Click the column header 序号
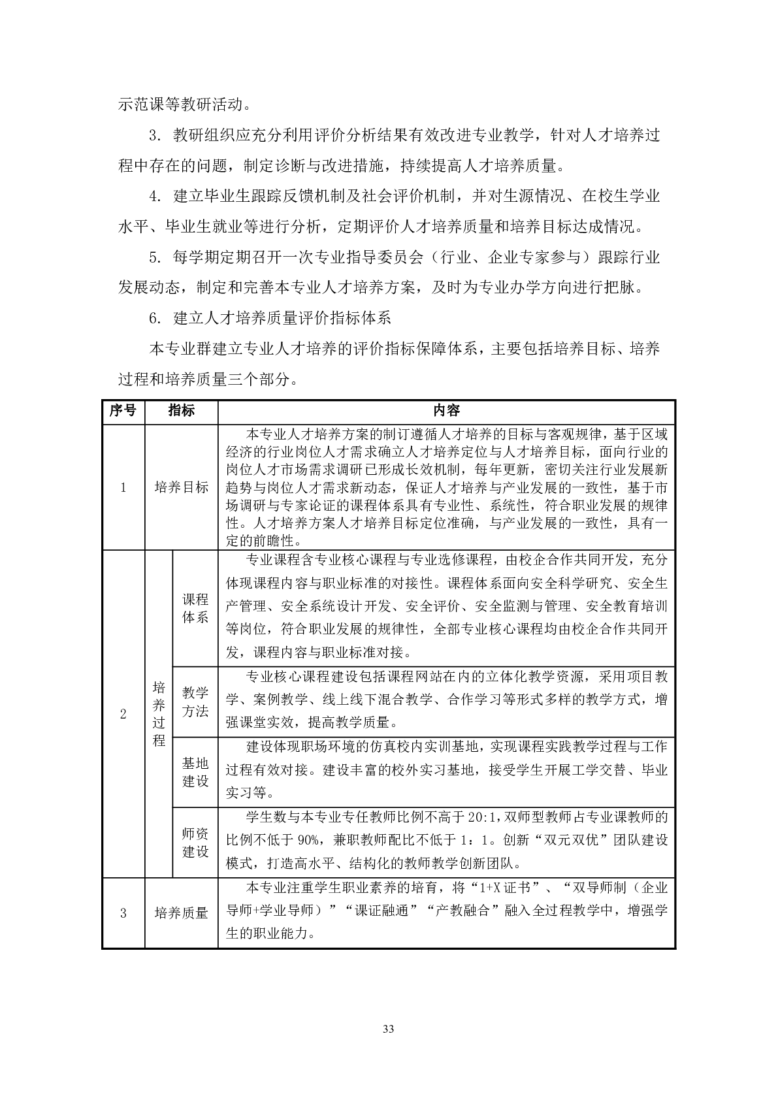123,410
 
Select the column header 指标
181,410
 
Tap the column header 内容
446,410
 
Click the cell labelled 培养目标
181,487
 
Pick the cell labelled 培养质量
181,913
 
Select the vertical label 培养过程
159,713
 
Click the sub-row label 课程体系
195,608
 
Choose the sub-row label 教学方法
195,702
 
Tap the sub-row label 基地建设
195,772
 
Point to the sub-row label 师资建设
195,843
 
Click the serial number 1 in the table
123,487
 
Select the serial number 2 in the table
123,713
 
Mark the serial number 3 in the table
123,913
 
